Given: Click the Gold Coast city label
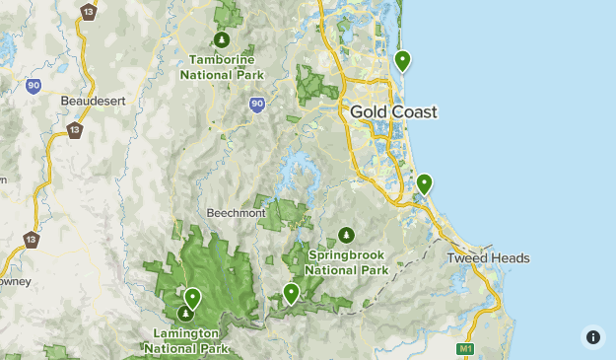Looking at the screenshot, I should (393, 112).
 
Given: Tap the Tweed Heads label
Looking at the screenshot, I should (488, 258).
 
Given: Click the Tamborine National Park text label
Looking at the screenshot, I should (223, 66).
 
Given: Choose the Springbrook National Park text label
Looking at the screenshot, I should (346, 261).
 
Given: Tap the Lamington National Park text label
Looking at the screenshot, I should (186, 340).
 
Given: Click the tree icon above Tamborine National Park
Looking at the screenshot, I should (223, 39).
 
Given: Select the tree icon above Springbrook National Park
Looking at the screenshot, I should (346, 235).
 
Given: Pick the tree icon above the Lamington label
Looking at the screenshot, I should (185, 314).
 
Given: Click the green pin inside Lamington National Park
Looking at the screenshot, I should (193, 296).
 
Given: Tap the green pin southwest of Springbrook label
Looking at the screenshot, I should (291, 292).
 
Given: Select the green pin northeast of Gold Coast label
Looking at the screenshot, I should (402, 61).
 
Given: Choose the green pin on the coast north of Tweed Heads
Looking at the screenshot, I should (424, 183).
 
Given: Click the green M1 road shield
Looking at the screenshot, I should (465, 349).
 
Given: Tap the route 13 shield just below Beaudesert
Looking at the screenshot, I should (75, 130).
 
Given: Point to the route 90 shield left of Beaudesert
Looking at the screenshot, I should (34, 87).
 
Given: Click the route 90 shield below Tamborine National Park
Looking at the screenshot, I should (257, 104).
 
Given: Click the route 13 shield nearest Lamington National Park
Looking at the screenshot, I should (32, 240).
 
